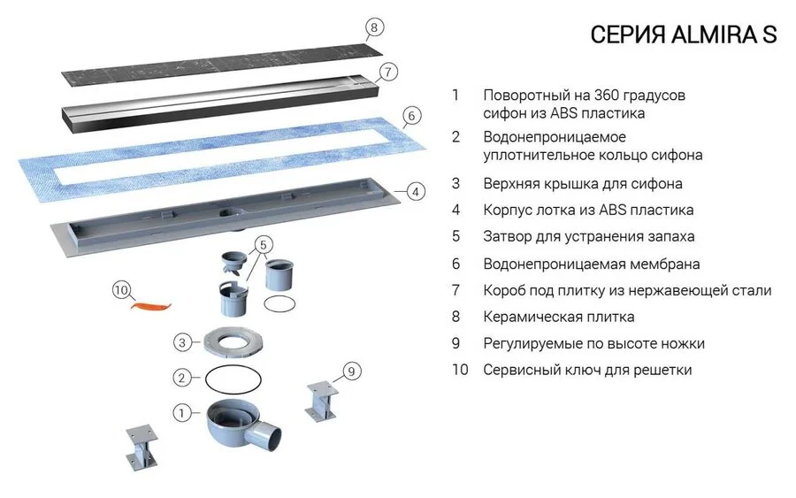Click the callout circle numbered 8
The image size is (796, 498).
(374, 27)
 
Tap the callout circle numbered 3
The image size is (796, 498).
(180, 341)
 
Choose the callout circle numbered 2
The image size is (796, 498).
(181, 377)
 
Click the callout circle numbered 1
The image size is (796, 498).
(181, 412)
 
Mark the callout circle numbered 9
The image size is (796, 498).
(353, 372)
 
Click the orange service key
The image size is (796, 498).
(149, 306)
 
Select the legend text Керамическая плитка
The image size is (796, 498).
(559, 317)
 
